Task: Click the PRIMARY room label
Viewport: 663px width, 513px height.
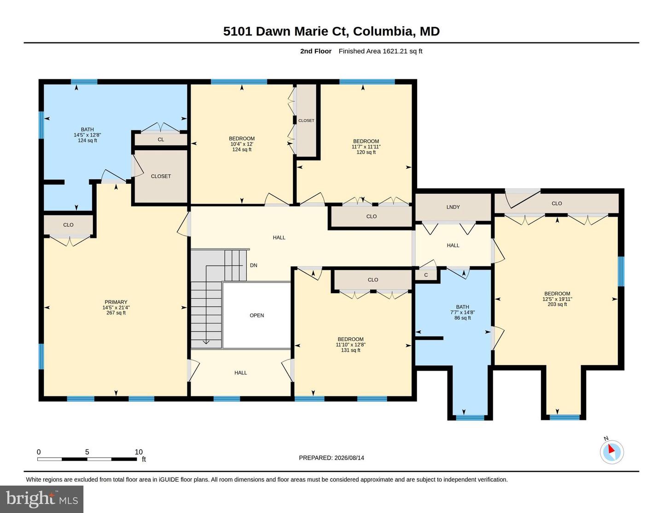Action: [x=116, y=302]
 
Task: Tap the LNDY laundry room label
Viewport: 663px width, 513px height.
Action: [x=453, y=207]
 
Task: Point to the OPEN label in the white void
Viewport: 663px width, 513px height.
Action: [x=257, y=315]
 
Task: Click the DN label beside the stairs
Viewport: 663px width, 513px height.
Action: [x=254, y=265]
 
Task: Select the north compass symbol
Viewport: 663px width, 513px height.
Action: [x=612, y=452]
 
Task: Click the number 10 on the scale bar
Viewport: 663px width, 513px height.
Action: [x=139, y=452]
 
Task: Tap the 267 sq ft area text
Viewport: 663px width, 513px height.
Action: [x=116, y=313]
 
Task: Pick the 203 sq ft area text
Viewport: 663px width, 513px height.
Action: [x=558, y=304]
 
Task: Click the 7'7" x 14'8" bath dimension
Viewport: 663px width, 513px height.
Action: [x=463, y=313]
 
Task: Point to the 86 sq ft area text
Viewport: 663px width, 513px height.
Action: [x=463, y=318]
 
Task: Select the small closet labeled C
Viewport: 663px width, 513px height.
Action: [x=426, y=275]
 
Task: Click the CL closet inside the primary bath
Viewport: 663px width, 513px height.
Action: [x=161, y=140]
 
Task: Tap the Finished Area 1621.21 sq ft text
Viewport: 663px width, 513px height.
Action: [x=380, y=51]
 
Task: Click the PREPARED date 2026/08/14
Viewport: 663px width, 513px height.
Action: [x=349, y=458]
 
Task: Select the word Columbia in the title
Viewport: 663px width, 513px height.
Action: [x=383, y=31]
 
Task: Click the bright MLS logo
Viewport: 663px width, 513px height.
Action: [x=42, y=499]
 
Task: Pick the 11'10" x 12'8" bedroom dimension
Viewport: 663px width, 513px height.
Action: [x=350, y=345]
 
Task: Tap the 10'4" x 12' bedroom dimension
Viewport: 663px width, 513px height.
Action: [x=242, y=144]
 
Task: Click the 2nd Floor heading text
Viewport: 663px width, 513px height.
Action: [x=316, y=51]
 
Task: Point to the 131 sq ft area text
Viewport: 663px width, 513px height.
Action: [x=350, y=350]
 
